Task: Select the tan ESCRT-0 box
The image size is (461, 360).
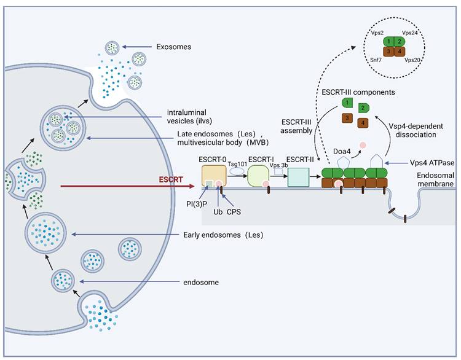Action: [x=215, y=178]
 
